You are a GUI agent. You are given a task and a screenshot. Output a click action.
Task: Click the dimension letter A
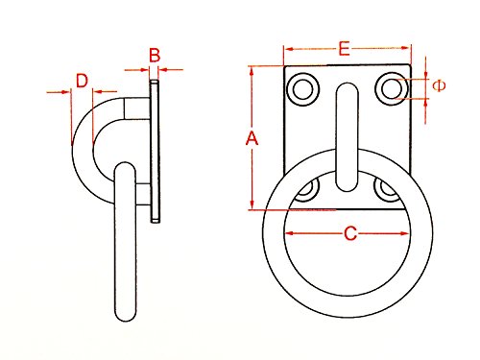[252, 139]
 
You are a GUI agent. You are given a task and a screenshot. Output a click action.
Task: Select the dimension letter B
[154, 56]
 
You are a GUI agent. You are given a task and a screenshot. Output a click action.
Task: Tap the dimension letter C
[350, 232]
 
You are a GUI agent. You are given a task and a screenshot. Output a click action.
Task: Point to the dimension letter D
[83, 79]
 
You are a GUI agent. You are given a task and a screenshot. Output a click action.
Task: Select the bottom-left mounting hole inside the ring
[306, 189]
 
